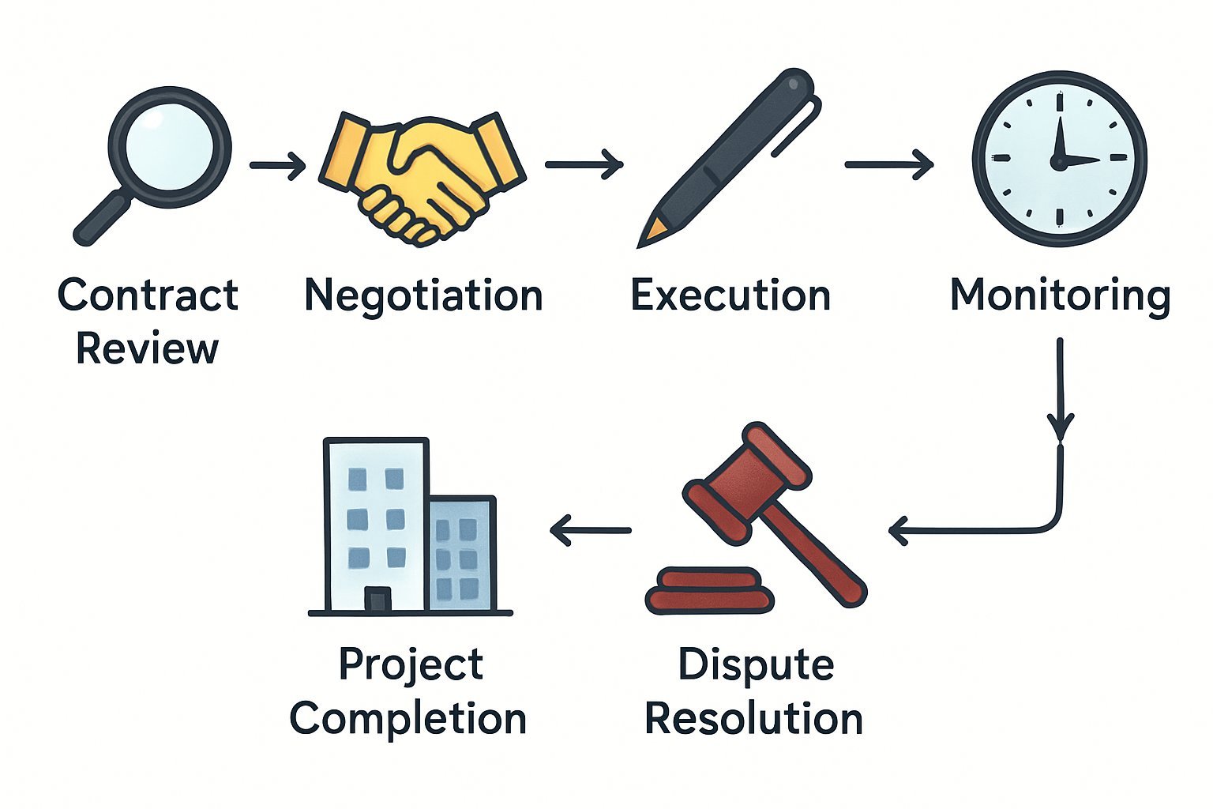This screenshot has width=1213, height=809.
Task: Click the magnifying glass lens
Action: point(170,146)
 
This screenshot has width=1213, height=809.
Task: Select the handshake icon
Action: point(422,179)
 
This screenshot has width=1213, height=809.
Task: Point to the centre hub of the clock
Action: point(1059,161)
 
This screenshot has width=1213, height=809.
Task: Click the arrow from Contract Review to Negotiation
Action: point(278,165)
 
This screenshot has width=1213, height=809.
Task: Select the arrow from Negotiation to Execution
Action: point(584,164)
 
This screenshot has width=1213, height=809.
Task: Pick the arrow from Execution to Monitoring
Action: point(889,164)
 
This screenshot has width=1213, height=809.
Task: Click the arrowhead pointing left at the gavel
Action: point(899,530)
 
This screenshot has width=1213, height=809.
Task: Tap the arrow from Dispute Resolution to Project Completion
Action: point(590,530)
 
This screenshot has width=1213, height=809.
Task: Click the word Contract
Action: point(148,295)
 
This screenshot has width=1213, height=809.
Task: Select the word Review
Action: point(148,348)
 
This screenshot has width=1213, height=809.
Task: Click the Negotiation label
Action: point(423,297)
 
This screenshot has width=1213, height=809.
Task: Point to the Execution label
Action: point(730,295)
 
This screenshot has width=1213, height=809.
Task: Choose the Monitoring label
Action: point(1061,297)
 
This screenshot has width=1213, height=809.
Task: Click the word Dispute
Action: point(756,666)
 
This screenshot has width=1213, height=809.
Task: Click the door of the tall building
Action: point(377,599)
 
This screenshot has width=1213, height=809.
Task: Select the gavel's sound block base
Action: point(709,591)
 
